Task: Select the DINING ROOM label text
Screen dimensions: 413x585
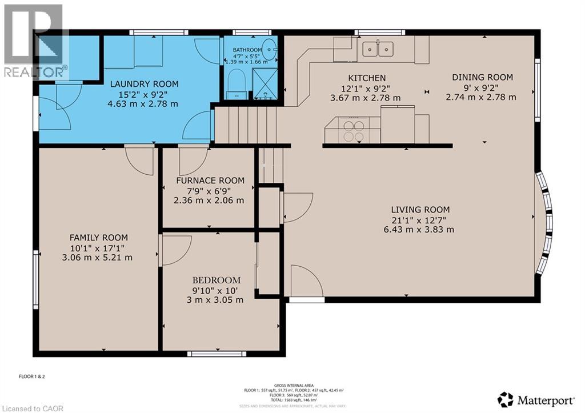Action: pyautogui.click(x=482, y=77)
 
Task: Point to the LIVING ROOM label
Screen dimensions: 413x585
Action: pyautogui.click(x=420, y=210)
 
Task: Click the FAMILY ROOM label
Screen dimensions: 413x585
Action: pyautogui.click(x=99, y=238)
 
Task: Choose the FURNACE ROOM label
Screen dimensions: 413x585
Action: pyautogui.click(x=210, y=181)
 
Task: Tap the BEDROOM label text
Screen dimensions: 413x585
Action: pyautogui.click(x=216, y=280)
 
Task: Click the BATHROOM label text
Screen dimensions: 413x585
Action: pyautogui.click(x=247, y=50)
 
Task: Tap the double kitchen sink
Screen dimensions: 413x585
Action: pyautogui.click(x=378, y=49)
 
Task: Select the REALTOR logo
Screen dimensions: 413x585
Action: pyautogui.click(x=34, y=40)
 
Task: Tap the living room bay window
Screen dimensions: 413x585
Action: pyautogui.click(x=545, y=214)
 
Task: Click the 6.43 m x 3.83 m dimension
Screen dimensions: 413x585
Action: pyautogui.click(x=419, y=230)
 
